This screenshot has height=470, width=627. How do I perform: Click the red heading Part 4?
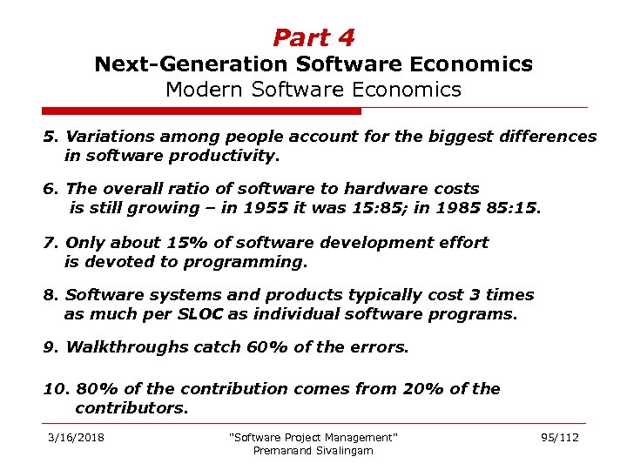(x=313, y=37)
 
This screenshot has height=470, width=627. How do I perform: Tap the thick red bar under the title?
(x=201, y=111)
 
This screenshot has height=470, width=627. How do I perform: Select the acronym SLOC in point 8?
(x=201, y=314)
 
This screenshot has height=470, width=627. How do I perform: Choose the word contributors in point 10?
(x=131, y=407)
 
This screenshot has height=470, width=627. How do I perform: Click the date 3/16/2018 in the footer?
(x=77, y=437)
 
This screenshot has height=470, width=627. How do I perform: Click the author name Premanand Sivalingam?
(x=313, y=450)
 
